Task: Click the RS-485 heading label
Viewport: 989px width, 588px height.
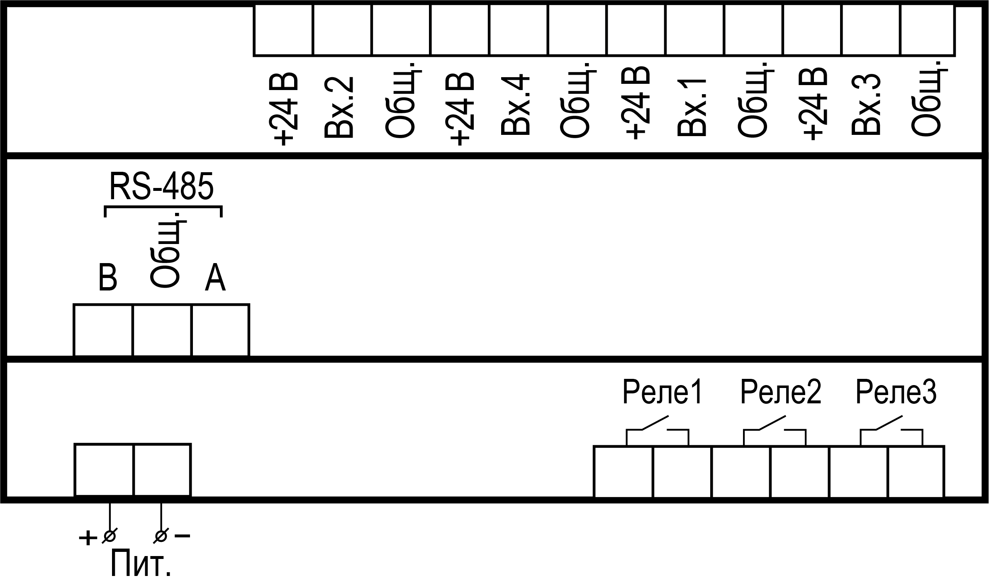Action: (x=161, y=187)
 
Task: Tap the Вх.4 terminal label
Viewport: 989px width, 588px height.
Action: (x=515, y=106)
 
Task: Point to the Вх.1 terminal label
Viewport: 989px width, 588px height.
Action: (x=692, y=107)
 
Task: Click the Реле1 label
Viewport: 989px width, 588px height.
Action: (x=663, y=393)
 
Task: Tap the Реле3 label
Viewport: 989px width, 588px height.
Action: (x=896, y=393)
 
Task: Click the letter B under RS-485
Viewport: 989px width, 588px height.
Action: (x=108, y=277)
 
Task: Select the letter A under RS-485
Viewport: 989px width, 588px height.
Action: (x=215, y=277)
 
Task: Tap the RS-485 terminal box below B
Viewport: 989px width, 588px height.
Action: (x=103, y=330)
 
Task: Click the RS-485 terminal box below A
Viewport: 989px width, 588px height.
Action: (x=221, y=330)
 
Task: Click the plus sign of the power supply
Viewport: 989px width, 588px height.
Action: (x=87, y=539)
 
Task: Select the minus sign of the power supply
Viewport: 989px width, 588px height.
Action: (x=183, y=536)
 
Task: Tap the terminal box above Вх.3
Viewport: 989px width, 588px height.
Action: (x=871, y=30)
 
